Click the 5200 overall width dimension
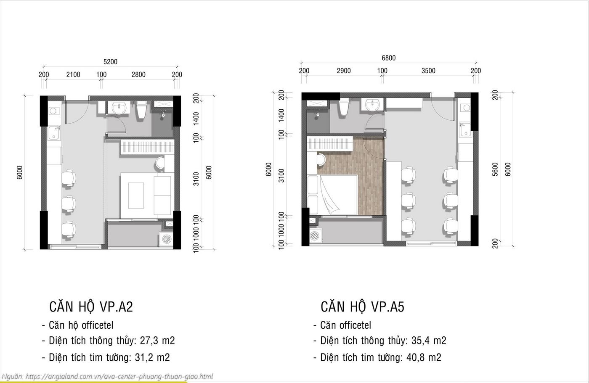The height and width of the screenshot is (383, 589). tap(110, 62)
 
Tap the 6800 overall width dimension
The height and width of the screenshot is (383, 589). tap(388, 58)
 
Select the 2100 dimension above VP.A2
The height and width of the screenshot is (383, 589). tap(73, 74)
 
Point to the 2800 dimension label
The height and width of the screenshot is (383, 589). tap(138, 74)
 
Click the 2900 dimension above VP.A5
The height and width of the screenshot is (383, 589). tap(344, 71)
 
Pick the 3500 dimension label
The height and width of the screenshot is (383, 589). tap(428, 71)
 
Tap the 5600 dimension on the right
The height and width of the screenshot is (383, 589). tap(495, 169)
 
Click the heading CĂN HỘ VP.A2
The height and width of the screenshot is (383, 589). tap(91, 306)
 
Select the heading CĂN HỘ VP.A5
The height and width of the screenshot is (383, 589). tap(362, 306)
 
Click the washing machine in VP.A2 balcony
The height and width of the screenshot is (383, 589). tap(166, 239)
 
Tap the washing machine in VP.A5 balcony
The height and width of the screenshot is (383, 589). tap(315, 236)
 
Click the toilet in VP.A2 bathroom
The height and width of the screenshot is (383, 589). tap(141, 110)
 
